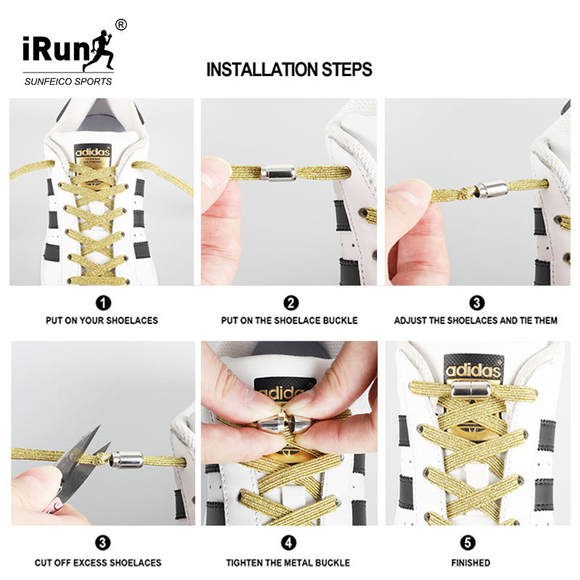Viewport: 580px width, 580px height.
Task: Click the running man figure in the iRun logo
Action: click(99, 51)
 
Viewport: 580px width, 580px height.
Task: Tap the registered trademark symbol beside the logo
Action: click(121, 25)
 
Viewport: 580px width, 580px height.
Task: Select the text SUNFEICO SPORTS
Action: click(68, 82)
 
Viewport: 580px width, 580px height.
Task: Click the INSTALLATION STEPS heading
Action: click(289, 70)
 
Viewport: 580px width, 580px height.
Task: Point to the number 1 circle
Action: click(103, 303)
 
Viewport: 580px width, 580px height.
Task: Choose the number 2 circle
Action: click(291, 303)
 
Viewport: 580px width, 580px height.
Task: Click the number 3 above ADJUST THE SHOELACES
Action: click(477, 303)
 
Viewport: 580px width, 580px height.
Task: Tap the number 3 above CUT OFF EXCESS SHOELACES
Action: click(103, 543)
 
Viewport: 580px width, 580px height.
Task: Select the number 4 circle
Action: click(289, 543)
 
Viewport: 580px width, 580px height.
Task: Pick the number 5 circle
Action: click(468, 543)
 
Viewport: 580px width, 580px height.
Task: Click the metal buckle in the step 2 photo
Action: click(278, 173)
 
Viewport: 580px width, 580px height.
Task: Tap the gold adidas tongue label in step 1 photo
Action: click(93, 154)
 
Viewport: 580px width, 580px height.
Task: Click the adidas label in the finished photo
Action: click(473, 369)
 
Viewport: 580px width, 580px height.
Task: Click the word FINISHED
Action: click(471, 563)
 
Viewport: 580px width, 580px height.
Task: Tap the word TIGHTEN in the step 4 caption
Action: click(244, 563)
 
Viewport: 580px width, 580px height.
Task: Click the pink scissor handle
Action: click(54, 506)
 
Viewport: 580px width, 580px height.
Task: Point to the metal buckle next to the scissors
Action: click(128, 460)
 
